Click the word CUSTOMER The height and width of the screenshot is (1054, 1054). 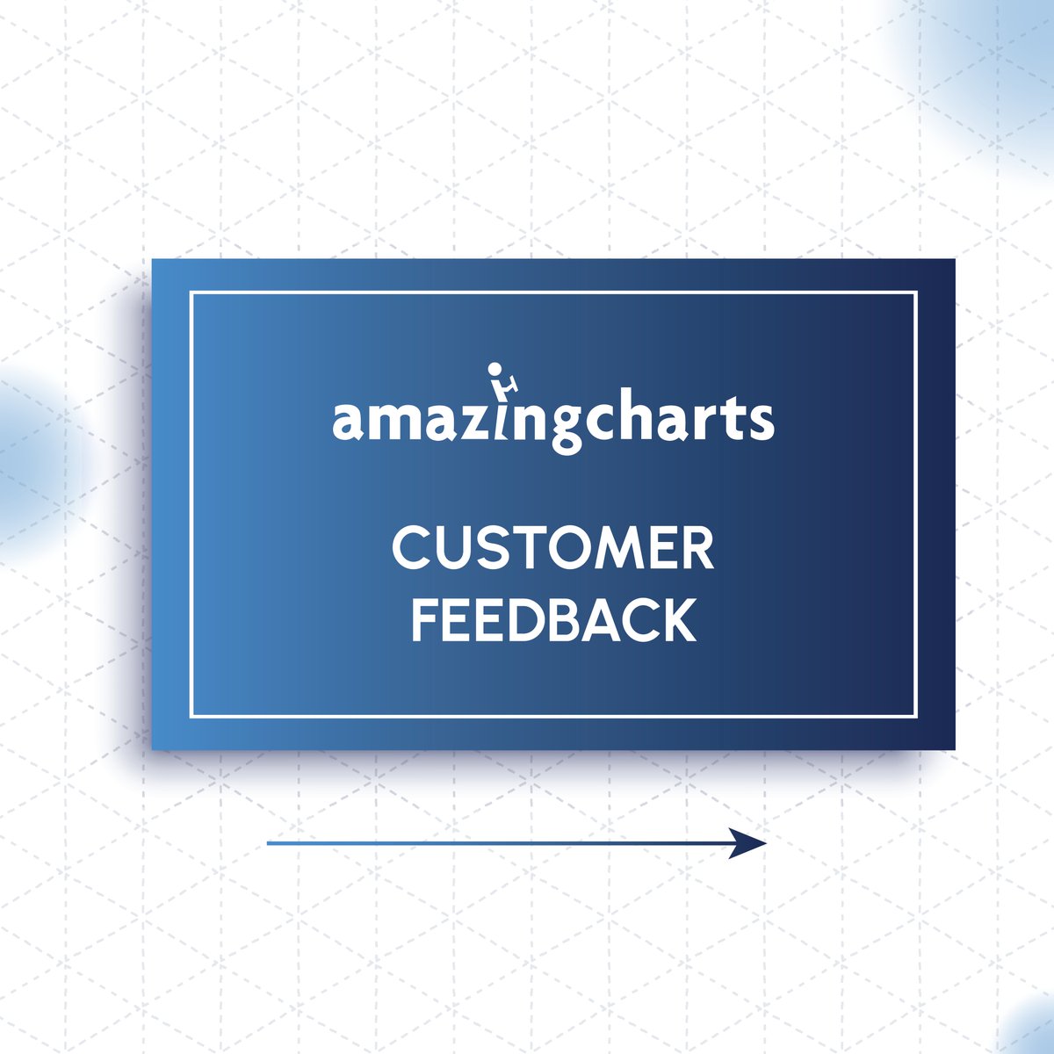point(552,549)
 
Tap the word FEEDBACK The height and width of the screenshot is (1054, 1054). point(553,619)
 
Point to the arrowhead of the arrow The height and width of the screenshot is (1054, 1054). point(752,843)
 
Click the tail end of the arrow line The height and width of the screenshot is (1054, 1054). point(269,843)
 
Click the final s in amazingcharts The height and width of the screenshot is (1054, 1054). point(762,422)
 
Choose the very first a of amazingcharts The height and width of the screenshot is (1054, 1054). point(348,422)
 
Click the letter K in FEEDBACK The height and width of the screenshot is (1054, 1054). point(677,619)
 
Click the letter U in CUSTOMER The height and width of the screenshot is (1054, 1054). point(447,549)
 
